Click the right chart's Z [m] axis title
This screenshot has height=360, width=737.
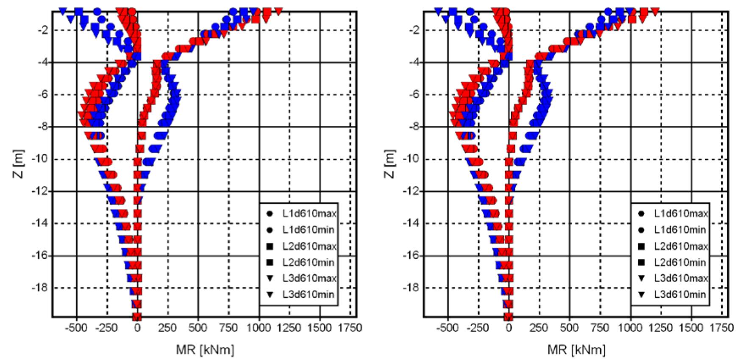[391, 164]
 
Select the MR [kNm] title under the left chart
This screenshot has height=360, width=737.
[205, 349]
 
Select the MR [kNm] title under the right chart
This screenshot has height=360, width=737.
[576, 349]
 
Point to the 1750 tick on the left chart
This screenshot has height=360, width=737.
[350, 328]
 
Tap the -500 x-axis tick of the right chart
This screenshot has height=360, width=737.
[448, 328]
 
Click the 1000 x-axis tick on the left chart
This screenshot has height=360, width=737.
[259, 328]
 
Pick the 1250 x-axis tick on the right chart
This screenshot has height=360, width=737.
[661, 328]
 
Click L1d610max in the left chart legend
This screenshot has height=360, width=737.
[309, 214]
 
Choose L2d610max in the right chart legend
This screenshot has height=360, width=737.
[681, 246]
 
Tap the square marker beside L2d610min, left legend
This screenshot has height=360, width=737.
[270, 262]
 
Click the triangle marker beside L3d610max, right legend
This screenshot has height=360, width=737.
[641, 278]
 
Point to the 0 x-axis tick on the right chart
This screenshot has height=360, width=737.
[509, 328]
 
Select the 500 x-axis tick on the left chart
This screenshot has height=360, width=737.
[198, 328]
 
